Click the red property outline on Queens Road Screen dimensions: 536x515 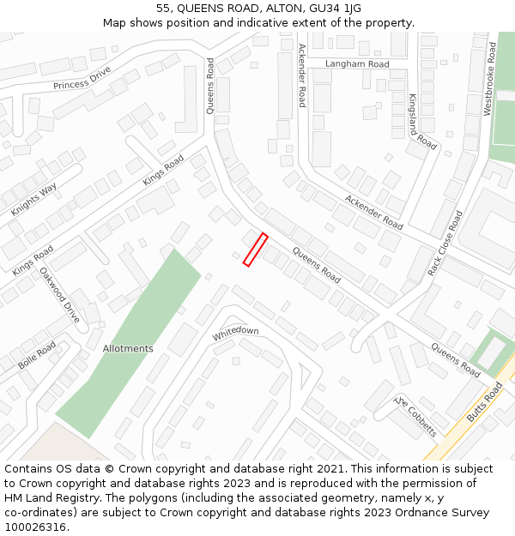[x=255, y=250]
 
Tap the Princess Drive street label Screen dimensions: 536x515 [x=82, y=79]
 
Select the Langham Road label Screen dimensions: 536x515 [x=357, y=64]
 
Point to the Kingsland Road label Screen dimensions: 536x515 [x=422, y=122]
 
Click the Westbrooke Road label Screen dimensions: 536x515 [x=489, y=80]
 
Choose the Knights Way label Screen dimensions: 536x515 [x=33, y=199]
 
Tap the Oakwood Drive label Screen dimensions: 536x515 [x=60, y=295]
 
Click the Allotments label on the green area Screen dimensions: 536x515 [x=128, y=349]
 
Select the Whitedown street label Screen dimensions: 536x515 [x=235, y=334]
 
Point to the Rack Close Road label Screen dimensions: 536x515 [x=445, y=243]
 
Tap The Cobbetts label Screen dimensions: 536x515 [x=415, y=417]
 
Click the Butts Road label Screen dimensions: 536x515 [x=485, y=402]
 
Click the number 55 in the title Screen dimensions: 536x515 [x=163, y=9]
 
